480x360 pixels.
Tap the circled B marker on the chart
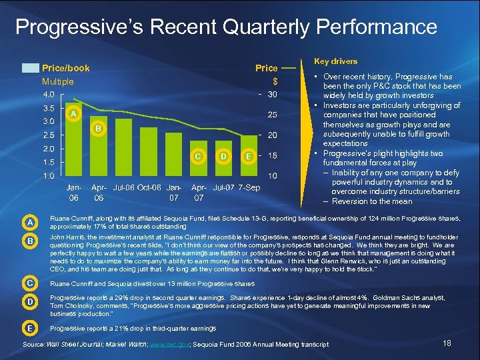pos(97,128)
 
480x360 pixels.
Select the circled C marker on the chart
pos(198,155)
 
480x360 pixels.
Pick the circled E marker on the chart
pos(248,155)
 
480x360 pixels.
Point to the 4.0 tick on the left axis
pos(49,94)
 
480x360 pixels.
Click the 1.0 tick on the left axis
pos(49,176)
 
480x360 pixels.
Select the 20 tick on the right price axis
pos(272,135)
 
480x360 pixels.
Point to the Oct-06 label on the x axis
pos(147,187)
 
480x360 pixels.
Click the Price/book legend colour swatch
pos(30,68)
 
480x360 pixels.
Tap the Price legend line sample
pos(289,68)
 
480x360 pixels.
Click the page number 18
pos(447,343)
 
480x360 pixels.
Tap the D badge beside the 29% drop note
pos(31,303)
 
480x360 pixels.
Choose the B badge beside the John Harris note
pos(31,239)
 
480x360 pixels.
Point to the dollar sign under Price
pos(274,81)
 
